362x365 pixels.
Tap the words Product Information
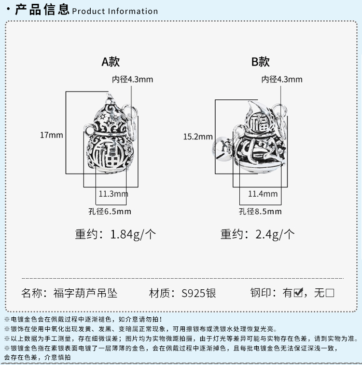[115, 11]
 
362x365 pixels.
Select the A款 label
[111, 62]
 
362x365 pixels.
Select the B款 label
[260, 62]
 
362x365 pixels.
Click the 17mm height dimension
[51, 135]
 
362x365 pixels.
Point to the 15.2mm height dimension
[198, 136]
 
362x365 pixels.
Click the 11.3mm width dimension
[113, 194]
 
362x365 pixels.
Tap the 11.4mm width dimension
[263, 194]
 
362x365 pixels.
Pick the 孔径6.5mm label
[111, 211]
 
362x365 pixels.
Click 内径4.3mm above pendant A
[132, 80]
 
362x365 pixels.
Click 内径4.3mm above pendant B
[282, 80]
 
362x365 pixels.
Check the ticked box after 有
[298, 293]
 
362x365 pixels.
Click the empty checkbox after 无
[330, 293]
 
